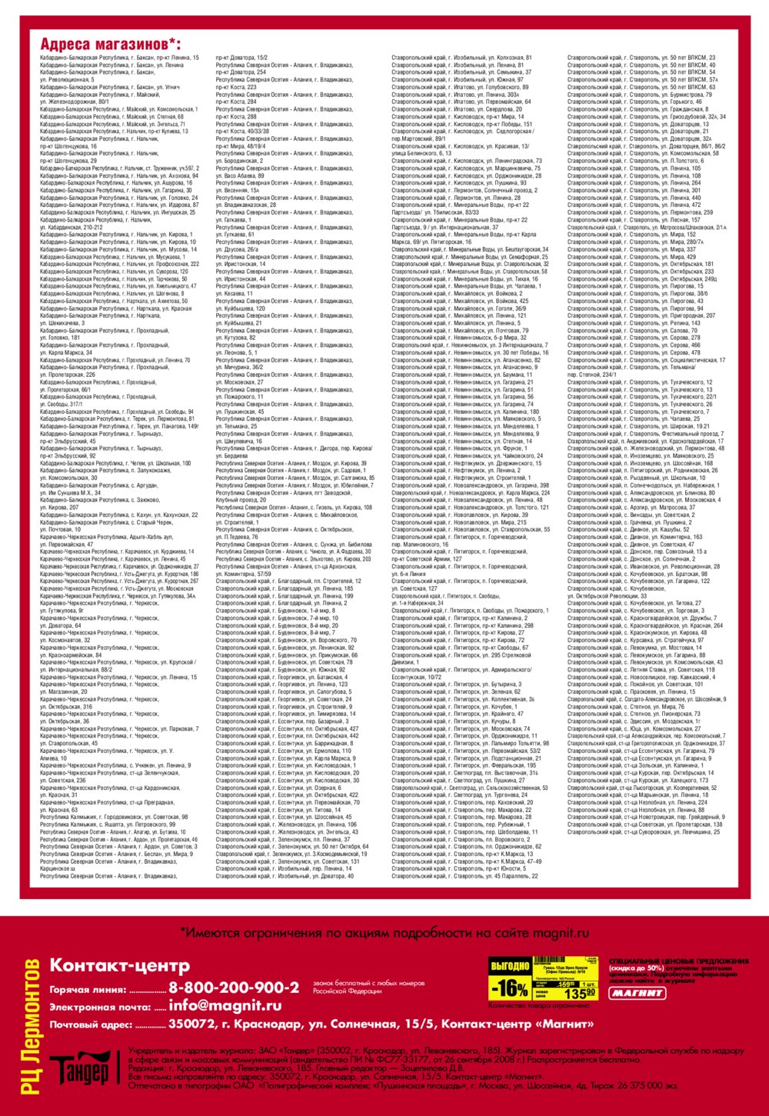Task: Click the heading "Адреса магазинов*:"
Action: (x=110, y=44)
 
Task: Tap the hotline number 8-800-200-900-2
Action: (x=234, y=988)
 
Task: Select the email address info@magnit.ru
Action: (x=225, y=1005)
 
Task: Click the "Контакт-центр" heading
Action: (x=119, y=966)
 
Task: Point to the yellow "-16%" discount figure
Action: (x=510, y=988)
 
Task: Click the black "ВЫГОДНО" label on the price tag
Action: (x=510, y=966)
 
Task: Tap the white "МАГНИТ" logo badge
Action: (x=638, y=993)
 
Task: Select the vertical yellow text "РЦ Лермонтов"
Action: (x=32, y=1027)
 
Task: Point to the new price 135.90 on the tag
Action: (x=580, y=992)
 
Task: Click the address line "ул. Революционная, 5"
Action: (x=68, y=80)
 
